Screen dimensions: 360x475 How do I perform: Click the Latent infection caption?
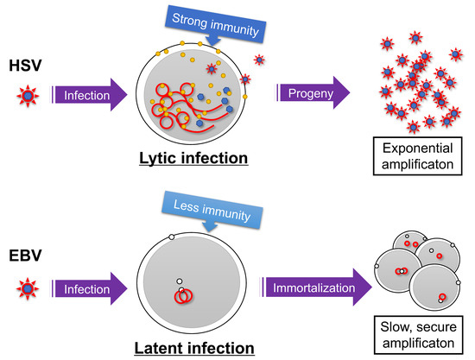(196, 348)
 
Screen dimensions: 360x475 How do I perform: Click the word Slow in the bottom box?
(396, 326)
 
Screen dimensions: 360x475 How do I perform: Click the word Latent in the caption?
(165, 348)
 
